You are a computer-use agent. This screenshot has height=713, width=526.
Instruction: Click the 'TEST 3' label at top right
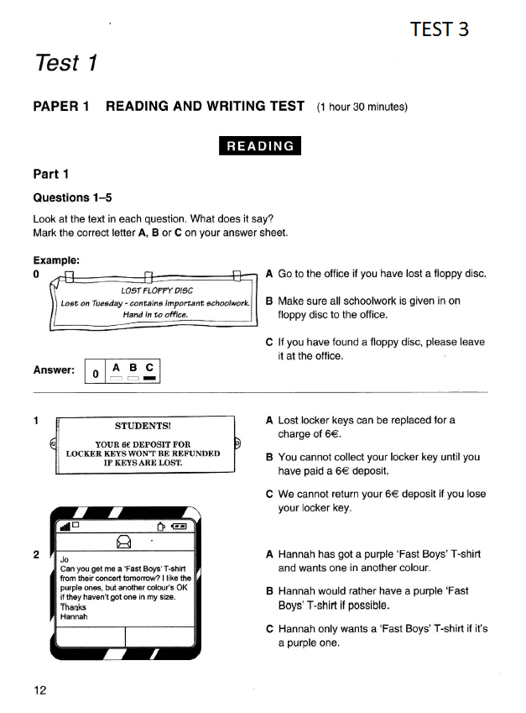click(440, 29)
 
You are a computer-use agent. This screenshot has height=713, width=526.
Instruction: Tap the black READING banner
click(260, 145)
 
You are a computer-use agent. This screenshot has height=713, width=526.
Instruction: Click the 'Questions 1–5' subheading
click(72, 197)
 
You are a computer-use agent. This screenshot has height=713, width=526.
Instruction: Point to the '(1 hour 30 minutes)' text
click(362, 107)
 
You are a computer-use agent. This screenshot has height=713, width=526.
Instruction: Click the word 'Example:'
click(56, 260)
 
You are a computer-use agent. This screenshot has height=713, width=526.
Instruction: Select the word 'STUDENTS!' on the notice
click(148, 426)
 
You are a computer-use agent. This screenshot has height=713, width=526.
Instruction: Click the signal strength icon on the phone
click(64, 527)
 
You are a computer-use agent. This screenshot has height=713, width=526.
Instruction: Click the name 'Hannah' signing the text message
click(73, 616)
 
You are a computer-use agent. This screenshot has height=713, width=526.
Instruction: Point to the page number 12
click(40, 690)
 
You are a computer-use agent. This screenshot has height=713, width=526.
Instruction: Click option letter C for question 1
click(268, 494)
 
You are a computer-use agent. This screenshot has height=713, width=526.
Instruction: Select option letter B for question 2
click(268, 591)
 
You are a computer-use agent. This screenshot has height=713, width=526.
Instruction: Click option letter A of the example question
click(268, 274)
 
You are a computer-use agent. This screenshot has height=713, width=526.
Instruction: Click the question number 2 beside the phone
click(36, 554)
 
